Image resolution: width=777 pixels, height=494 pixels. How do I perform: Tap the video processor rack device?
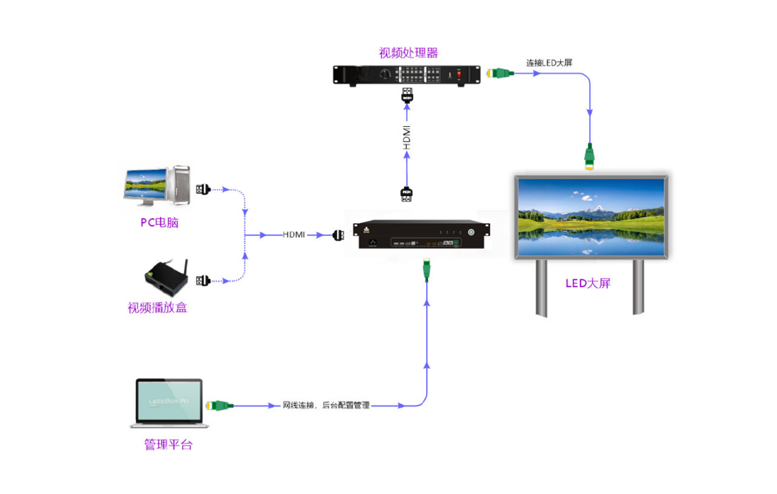point(406,75)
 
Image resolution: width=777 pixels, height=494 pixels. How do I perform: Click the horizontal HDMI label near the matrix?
point(293,235)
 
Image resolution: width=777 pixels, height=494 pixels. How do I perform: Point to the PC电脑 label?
point(159,223)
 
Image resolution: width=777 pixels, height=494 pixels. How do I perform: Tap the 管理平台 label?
point(168,445)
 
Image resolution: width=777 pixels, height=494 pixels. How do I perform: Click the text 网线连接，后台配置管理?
point(326,405)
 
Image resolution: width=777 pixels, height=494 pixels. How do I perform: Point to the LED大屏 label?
point(587,283)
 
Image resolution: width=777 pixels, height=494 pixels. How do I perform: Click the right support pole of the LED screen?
point(638,287)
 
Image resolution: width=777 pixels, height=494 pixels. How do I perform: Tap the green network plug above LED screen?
point(589,156)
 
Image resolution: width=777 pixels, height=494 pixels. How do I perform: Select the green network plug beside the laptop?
point(219,405)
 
